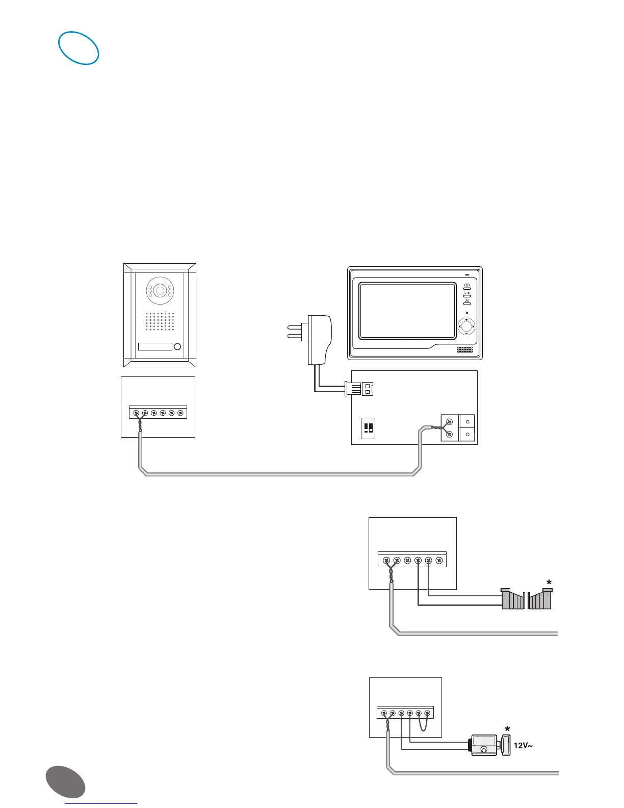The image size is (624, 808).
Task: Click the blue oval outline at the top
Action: click(x=79, y=48)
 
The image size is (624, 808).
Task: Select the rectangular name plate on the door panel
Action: click(x=155, y=347)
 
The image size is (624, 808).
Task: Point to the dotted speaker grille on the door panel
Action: click(x=160, y=321)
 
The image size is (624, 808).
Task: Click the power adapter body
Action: click(x=320, y=339)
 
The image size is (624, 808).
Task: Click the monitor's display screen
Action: click(x=407, y=311)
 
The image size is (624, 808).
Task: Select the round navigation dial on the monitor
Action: click(x=466, y=326)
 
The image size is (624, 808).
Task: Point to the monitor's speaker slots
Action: click(x=464, y=350)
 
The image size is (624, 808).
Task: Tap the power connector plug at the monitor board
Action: click(x=360, y=389)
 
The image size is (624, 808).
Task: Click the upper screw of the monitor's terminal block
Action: click(x=449, y=422)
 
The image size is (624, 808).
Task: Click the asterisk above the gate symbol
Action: click(x=549, y=583)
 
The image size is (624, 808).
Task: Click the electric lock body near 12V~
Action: click(x=483, y=745)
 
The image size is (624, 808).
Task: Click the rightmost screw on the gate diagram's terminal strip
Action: click(x=439, y=561)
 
